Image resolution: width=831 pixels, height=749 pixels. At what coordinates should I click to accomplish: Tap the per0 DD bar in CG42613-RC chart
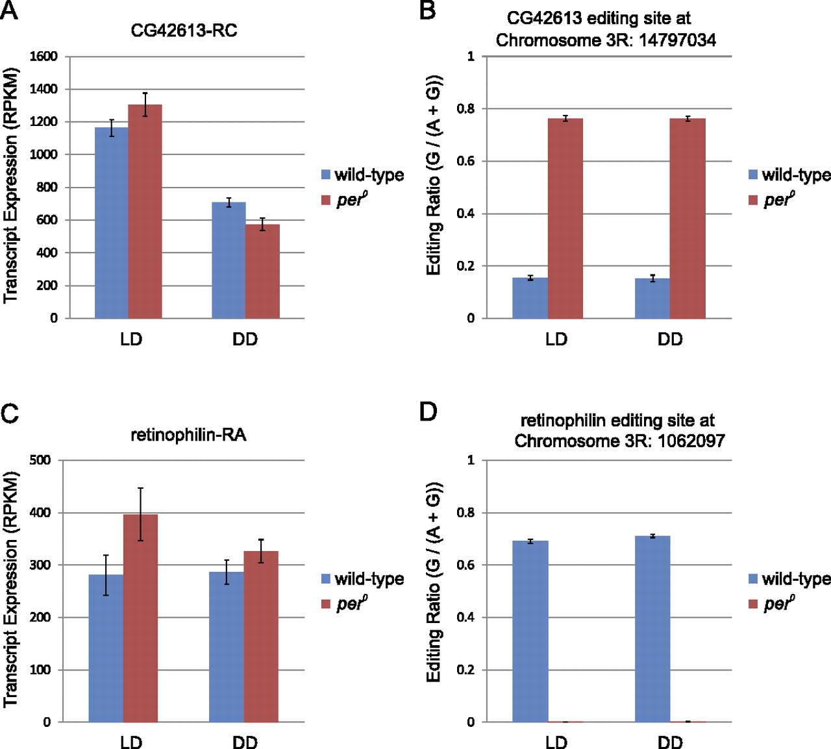[x=262, y=271]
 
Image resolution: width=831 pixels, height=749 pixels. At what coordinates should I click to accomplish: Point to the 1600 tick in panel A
[x=43, y=56]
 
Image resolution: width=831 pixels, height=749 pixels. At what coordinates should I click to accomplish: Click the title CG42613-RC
[x=184, y=31]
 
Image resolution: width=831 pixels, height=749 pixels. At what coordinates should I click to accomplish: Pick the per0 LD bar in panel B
[x=565, y=218]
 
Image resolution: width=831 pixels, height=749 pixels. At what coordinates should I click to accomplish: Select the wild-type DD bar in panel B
[x=652, y=299]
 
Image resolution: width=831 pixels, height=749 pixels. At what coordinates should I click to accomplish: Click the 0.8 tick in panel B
[x=466, y=109]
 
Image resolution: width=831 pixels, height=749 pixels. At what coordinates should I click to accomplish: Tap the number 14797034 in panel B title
[x=677, y=40]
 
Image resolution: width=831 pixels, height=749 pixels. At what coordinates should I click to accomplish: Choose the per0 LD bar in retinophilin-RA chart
[x=140, y=618]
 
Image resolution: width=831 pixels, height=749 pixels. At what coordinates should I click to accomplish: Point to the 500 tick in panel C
[x=40, y=460]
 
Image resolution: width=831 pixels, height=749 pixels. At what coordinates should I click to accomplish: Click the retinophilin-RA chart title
[x=188, y=434]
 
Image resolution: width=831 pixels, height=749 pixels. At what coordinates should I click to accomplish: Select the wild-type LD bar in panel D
[x=530, y=631]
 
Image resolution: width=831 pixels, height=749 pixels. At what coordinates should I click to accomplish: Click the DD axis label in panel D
[x=670, y=742]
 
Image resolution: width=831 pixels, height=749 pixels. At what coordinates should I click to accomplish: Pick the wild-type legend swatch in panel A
[x=326, y=175]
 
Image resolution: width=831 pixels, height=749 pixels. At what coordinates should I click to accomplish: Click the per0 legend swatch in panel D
[x=753, y=604]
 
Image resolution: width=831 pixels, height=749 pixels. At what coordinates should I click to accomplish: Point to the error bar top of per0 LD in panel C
[x=140, y=488]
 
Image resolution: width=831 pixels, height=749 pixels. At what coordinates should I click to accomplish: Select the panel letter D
[x=428, y=411]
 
